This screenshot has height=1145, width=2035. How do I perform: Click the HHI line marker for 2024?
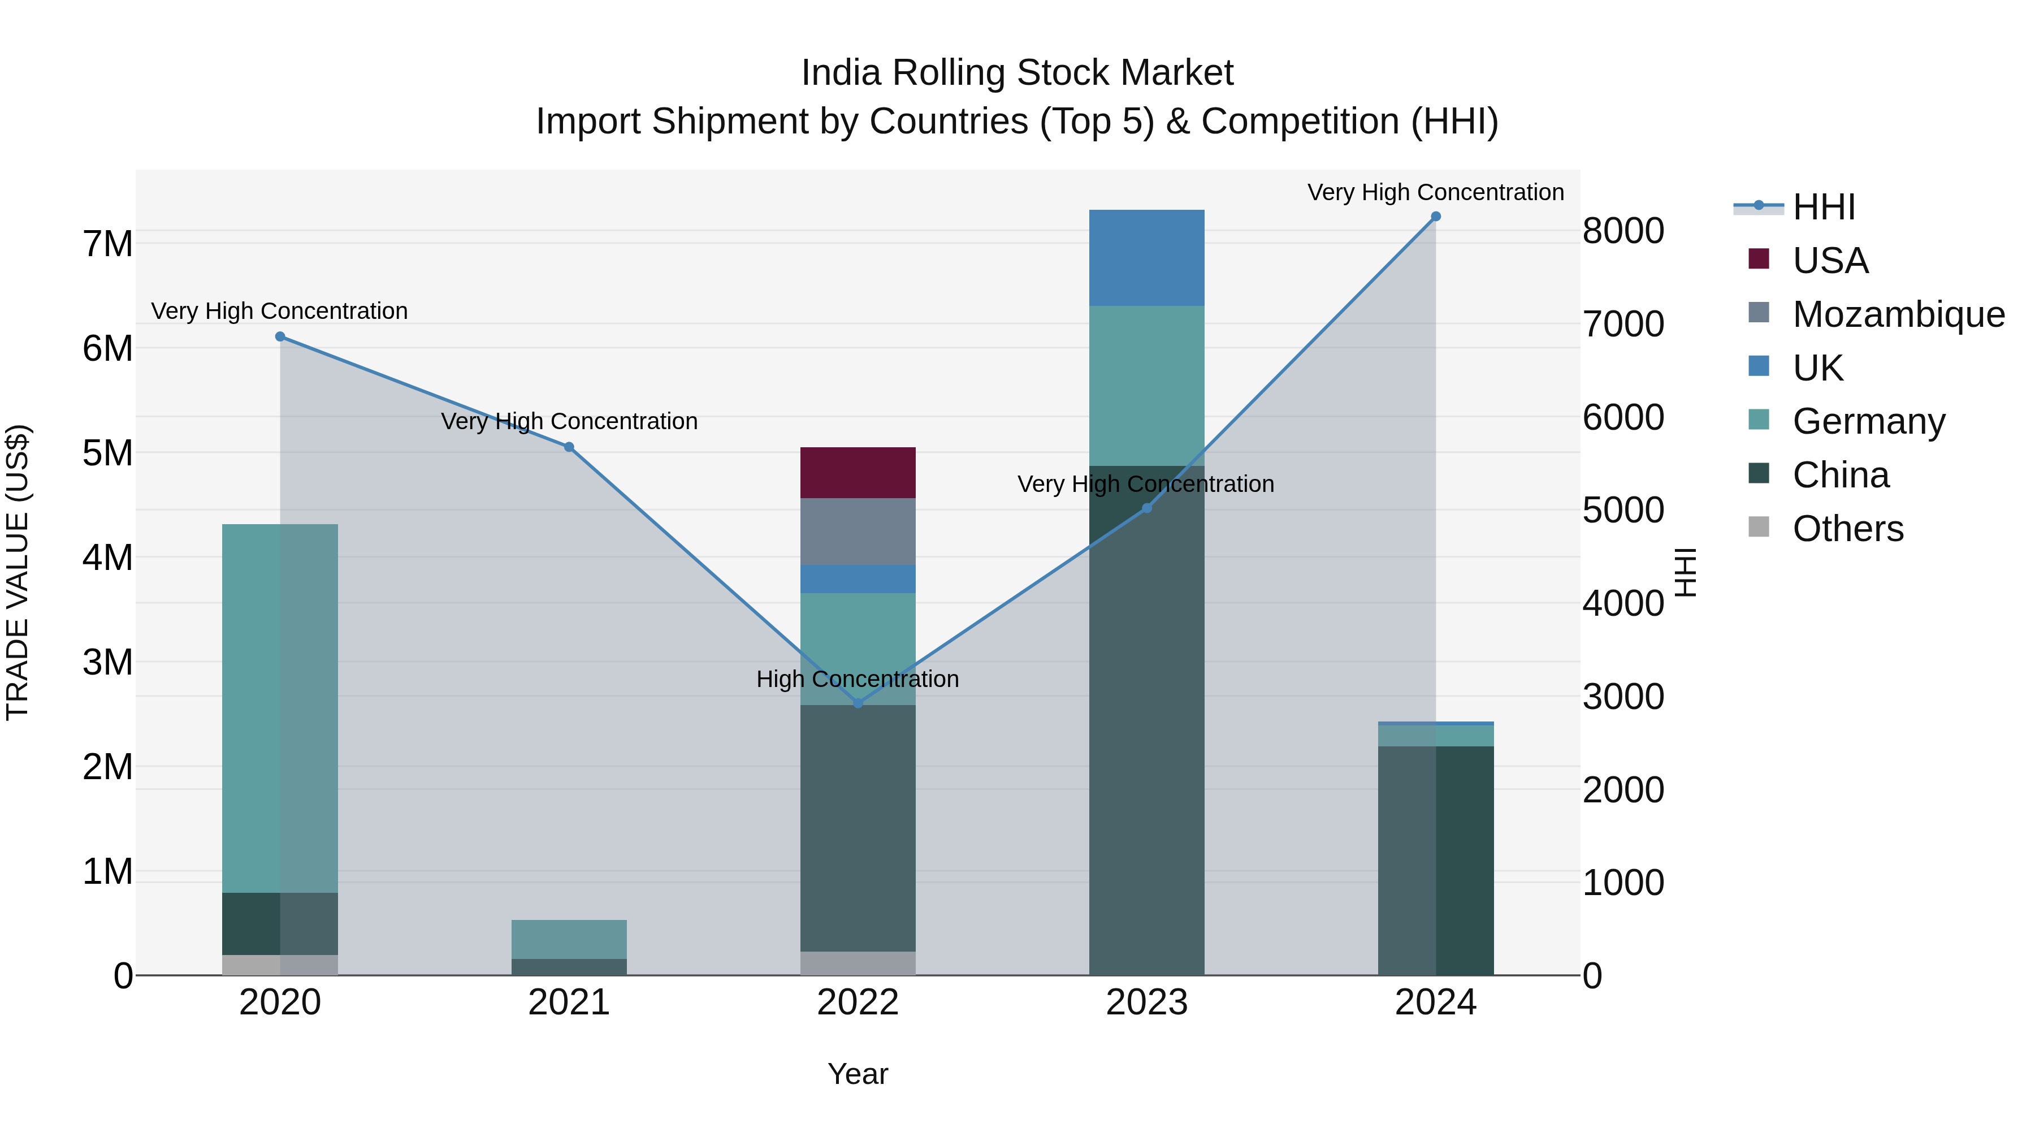(1435, 217)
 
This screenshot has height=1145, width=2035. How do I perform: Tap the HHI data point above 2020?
(280, 336)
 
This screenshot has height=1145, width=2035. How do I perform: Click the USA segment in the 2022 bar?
(858, 473)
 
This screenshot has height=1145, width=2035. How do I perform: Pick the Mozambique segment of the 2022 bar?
(858, 531)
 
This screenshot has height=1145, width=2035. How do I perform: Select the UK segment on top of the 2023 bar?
(1146, 258)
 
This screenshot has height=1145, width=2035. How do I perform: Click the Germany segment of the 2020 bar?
(280, 708)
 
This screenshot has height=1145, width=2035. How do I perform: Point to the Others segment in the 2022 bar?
(858, 963)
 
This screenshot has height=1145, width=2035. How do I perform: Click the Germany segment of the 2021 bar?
(569, 939)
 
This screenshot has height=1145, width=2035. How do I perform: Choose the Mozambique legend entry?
(1898, 314)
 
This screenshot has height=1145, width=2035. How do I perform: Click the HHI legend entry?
(1823, 207)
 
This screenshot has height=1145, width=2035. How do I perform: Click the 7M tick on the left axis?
(108, 243)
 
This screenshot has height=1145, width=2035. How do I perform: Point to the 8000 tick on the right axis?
(1623, 231)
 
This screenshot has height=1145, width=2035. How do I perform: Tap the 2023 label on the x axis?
(1146, 1003)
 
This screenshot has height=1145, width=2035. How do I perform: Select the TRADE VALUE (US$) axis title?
(18, 572)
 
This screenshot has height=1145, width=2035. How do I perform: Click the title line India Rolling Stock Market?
(1017, 73)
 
